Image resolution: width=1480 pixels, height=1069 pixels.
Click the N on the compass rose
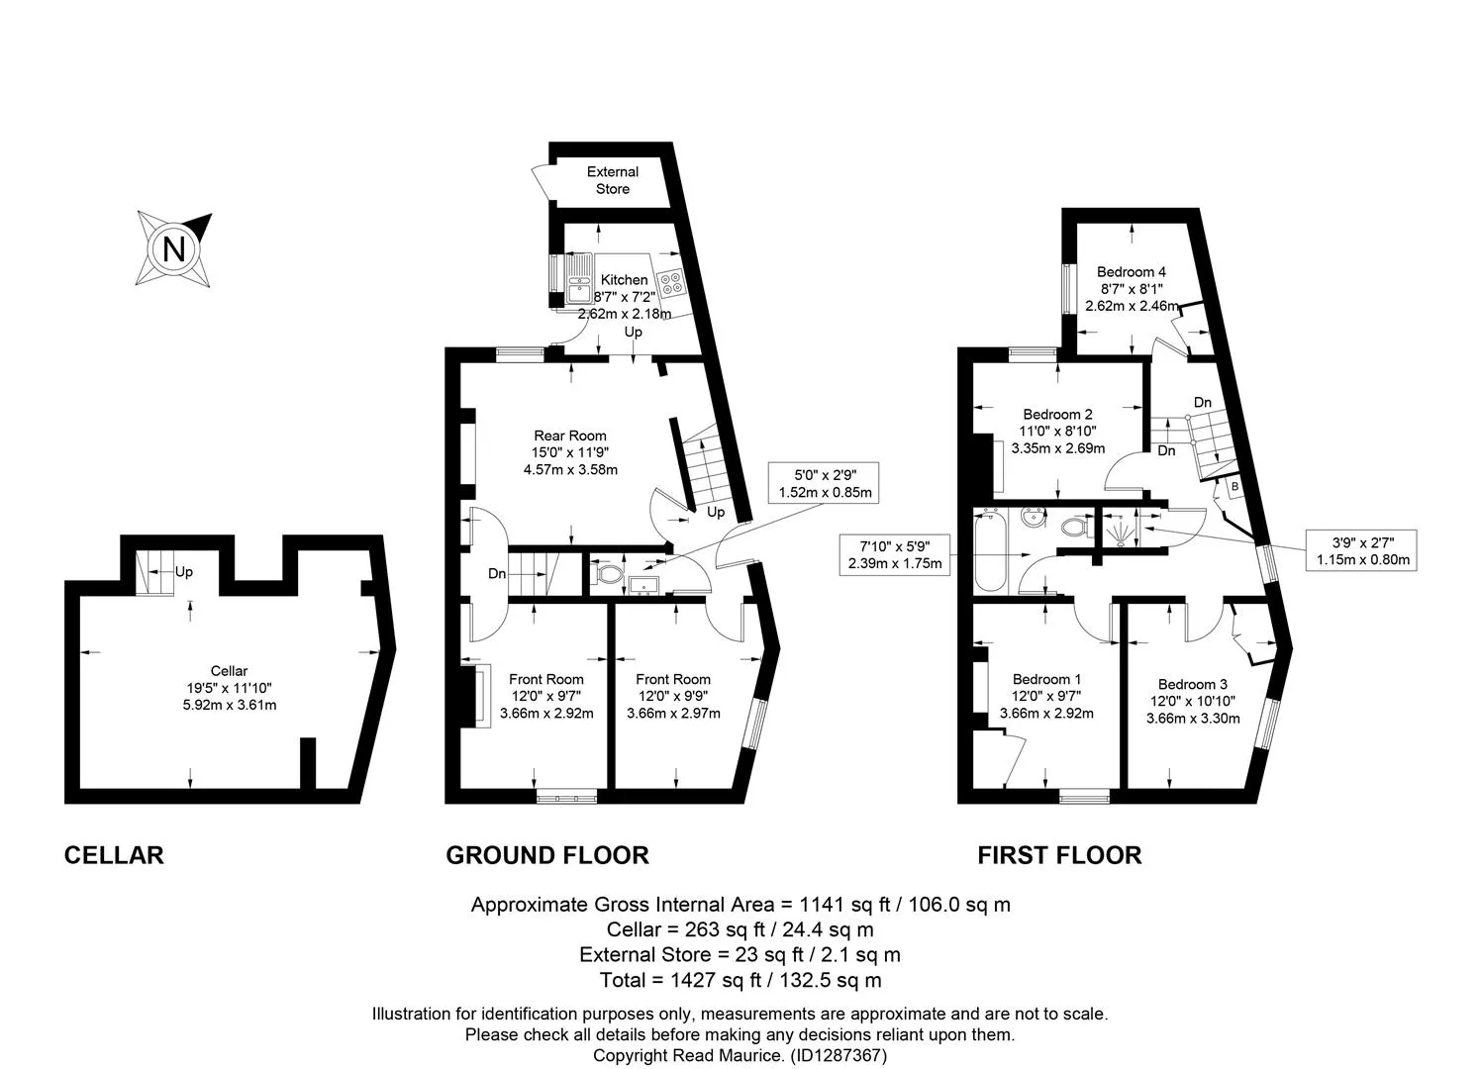pos(174,249)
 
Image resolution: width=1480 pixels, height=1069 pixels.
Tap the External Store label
pos(613,180)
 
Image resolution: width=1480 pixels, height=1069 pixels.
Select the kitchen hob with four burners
pos(671,283)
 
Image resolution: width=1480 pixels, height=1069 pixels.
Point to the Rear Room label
pos(570,437)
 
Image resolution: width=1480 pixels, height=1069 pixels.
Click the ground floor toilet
pos(607,572)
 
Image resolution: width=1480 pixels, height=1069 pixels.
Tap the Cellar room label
pos(230,671)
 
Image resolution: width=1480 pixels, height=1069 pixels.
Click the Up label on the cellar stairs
pos(184,571)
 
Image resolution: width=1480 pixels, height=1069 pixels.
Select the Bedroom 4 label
pos(1132,271)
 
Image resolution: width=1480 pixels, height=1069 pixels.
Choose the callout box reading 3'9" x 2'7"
pos(1362,550)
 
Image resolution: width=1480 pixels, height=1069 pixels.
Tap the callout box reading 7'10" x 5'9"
pos(895,554)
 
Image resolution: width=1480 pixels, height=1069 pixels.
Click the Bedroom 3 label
pos(1193,685)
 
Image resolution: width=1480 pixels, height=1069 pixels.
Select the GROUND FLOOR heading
pos(547,855)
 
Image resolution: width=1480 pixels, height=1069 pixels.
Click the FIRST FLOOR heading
pos(1060,855)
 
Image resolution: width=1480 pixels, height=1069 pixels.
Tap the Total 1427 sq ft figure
pos(740,980)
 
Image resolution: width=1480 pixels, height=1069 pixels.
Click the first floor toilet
pos(1075,527)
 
